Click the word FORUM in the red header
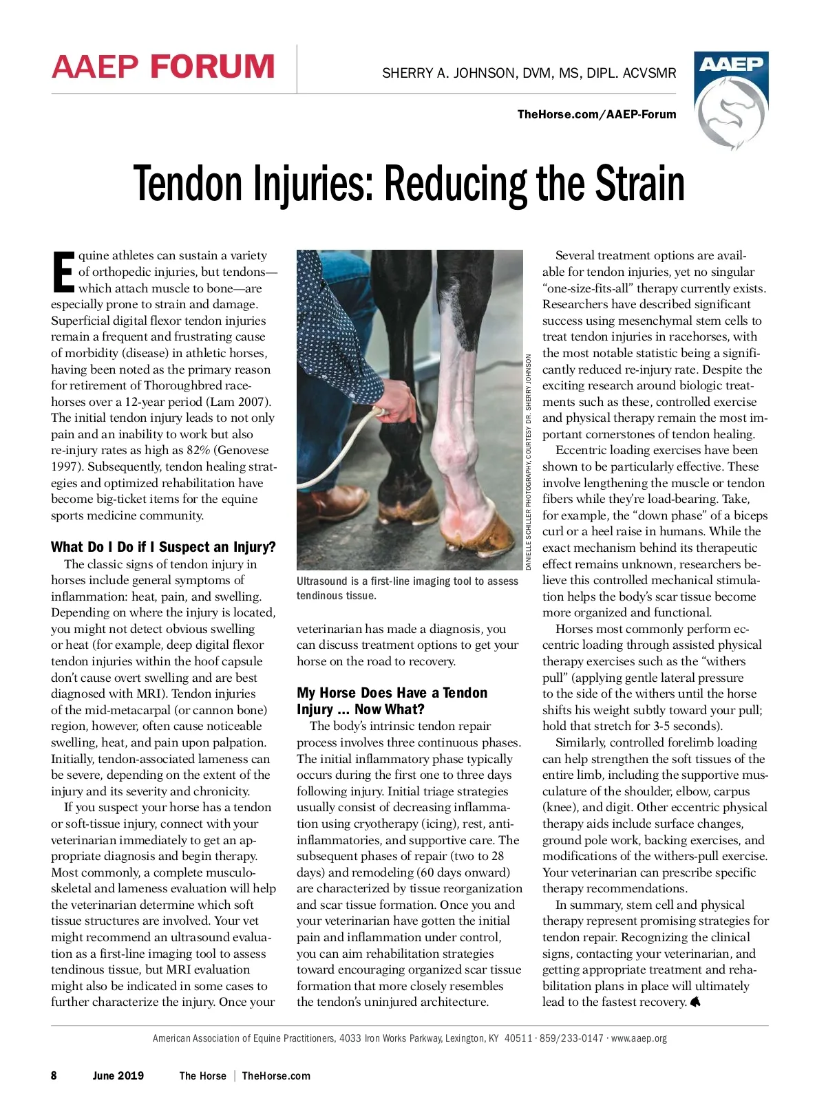[212, 67]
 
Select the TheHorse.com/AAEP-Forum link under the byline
[596, 114]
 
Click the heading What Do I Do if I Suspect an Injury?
[163, 547]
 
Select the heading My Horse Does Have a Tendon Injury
[392, 700]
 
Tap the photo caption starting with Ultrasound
[407, 588]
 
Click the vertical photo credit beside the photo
[529, 462]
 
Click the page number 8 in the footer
[54, 1075]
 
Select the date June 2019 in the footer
[118, 1075]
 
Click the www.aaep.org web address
[639, 1038]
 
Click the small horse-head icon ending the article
[695, 1002]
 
